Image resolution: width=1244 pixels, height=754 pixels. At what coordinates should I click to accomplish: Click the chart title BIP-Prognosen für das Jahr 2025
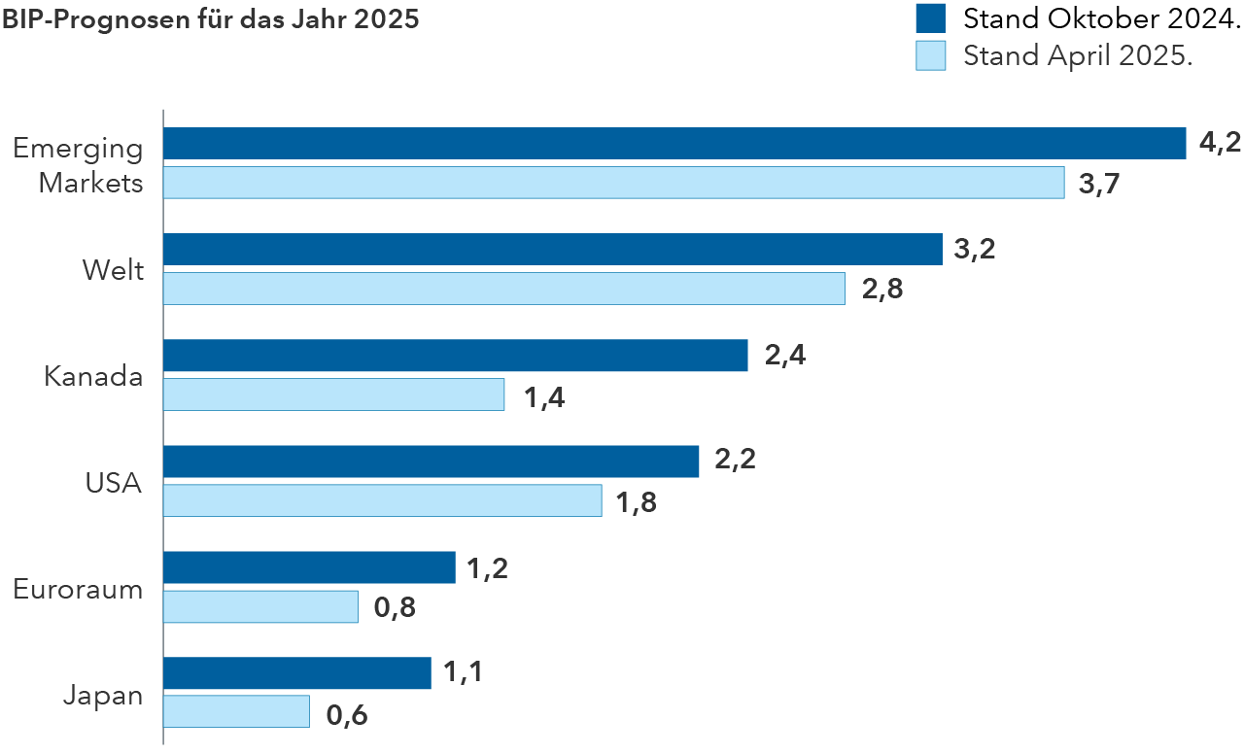point(210,19)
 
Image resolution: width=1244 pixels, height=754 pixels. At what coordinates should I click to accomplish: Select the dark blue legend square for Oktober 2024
point(930,18)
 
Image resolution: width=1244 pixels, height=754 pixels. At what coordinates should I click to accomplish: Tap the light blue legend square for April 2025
point(930,55)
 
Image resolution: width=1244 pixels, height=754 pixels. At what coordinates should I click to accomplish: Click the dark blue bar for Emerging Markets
point(674,144)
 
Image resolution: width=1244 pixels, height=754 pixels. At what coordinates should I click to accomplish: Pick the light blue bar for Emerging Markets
point(613,183)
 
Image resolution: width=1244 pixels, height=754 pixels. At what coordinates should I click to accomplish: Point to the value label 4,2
point(1220,144)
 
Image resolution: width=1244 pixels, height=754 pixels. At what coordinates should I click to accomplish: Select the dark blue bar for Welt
point(552,250)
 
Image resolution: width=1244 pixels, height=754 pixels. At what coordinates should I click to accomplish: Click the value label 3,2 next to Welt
point(975,250)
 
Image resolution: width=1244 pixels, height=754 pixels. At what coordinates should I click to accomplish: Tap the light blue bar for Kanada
point(333,394)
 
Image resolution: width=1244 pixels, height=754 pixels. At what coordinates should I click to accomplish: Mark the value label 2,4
point(785,356)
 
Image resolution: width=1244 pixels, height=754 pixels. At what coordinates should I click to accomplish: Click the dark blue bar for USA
point(431,462)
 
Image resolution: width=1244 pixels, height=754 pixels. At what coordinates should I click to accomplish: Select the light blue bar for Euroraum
point(260,606)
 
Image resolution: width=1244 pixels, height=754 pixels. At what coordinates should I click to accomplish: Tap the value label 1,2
point(488,568)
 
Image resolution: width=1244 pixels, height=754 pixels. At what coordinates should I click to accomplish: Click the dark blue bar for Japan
point(296,673)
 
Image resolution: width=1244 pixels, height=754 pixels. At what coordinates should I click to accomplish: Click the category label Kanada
point(93,377)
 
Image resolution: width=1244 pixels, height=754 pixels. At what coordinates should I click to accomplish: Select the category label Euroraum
point(78,589)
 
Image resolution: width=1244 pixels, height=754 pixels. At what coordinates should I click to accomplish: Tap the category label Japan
point(103,695)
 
